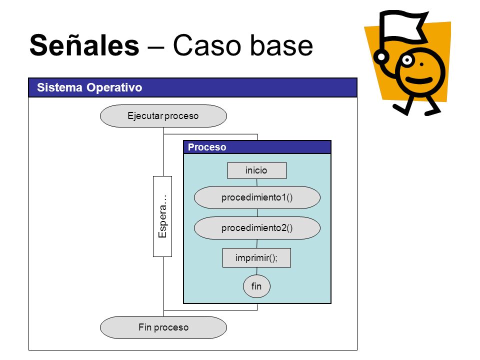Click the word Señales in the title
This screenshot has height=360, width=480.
(84, 45)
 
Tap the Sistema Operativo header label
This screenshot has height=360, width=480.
(89, 87)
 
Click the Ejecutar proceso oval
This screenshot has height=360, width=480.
(163, 116)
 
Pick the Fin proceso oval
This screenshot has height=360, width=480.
(163, 327)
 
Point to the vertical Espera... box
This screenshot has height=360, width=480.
(162, 216)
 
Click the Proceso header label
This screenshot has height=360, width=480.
(207, 147)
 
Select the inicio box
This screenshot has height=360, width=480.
(257, 170)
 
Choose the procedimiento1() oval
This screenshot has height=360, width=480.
(257, 197)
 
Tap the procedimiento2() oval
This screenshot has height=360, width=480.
(257, 228)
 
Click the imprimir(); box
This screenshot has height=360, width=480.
(256, 258)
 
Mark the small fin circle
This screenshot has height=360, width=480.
(256, 286)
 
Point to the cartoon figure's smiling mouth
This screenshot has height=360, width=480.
(419, 80)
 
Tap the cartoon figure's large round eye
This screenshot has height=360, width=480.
(407, 60)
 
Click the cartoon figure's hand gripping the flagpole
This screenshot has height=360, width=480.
(381, 56)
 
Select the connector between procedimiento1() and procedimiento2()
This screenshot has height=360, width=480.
(257, 213)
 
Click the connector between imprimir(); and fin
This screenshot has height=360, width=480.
(257, 271)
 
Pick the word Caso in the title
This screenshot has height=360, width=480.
(208, 45)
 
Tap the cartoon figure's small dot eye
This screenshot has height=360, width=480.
(421, 64)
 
